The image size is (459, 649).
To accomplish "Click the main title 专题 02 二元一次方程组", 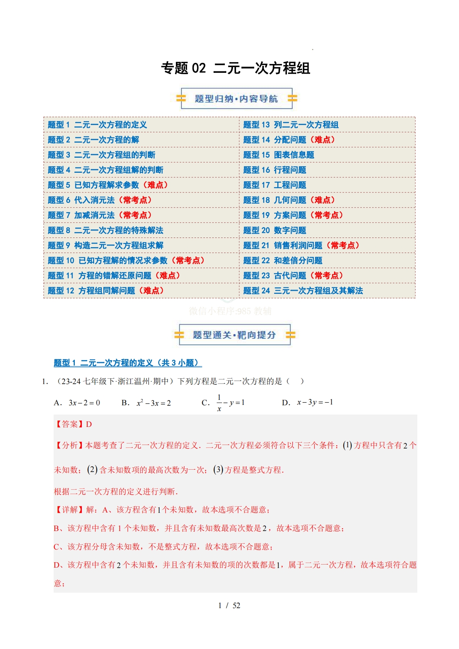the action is point(235,68).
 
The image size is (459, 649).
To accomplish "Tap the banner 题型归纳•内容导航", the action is point(236,99).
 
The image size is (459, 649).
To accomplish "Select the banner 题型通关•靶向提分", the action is point(234,335).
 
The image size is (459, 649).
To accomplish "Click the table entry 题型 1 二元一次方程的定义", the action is point(97,125).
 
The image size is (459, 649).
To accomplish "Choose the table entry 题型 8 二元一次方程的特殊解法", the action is point(105,230).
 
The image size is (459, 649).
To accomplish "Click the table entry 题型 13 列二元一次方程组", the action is point(291,125).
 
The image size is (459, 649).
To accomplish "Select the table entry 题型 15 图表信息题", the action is point(278,155).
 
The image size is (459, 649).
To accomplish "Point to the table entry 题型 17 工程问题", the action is point(275,185).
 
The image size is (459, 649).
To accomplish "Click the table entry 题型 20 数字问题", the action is point(275,230).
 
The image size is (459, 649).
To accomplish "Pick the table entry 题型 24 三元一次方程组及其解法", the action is point(303,291).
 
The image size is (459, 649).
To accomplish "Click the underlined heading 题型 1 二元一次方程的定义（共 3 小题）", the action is point(128,363).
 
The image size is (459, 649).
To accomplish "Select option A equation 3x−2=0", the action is point(84,403).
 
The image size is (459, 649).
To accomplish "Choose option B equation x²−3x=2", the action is point(154,403).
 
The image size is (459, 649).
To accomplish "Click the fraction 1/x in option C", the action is point(219,403).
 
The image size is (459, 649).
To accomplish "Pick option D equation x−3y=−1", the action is point(315,402).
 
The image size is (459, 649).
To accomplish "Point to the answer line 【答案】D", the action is point(73,424).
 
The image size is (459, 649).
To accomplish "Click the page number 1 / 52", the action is point(229,605).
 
